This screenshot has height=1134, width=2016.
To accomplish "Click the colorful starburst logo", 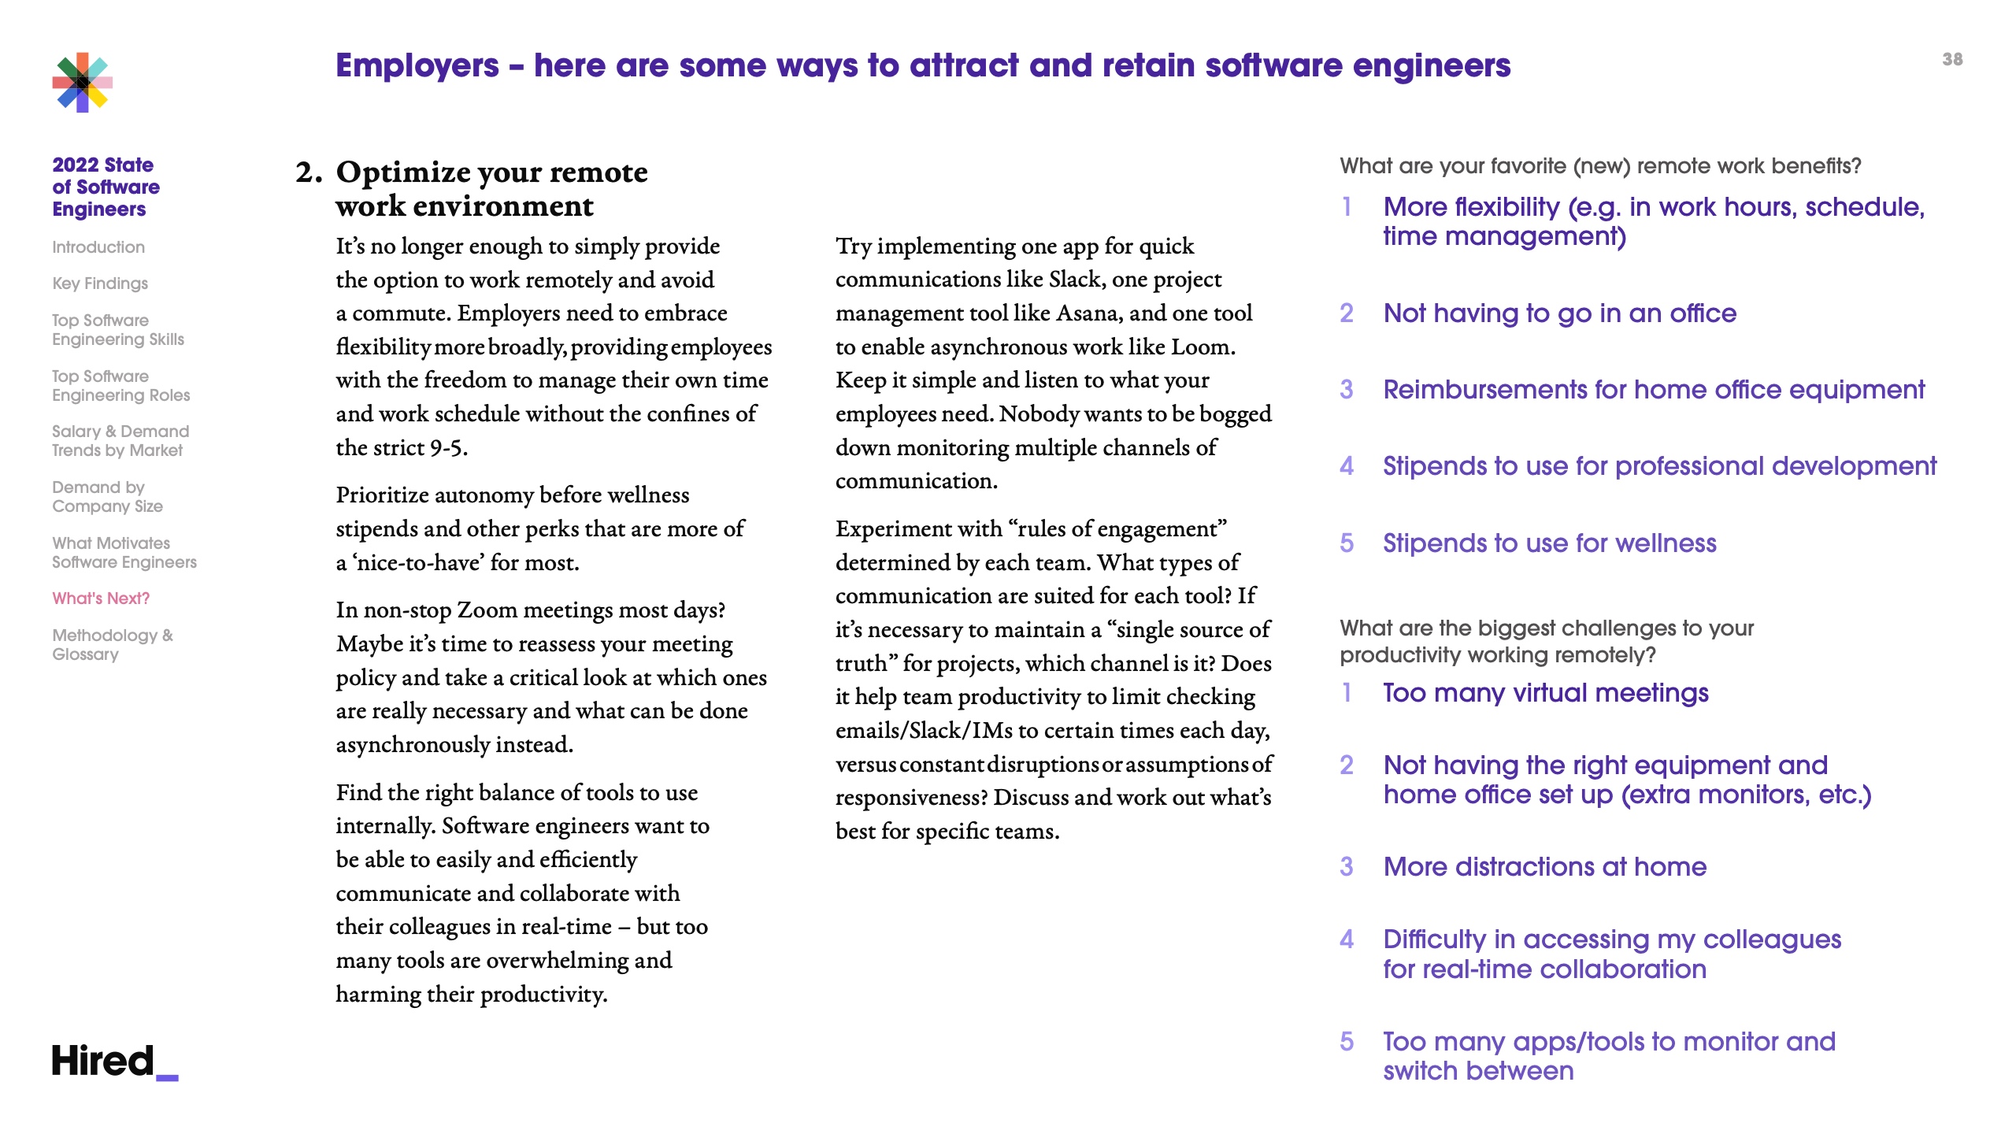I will [83, 83].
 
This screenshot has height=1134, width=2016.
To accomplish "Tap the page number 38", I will [1952, 60].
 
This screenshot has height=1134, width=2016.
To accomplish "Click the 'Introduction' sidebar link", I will [98, 247].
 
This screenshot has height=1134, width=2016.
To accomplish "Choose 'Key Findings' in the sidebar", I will [100, 283].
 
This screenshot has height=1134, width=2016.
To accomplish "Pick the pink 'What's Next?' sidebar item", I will [101, 598].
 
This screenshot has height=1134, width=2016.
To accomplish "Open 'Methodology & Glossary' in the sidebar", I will [112, 645].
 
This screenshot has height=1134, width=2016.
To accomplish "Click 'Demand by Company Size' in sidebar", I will [107, 497].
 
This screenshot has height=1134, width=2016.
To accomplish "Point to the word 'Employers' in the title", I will [417, 65].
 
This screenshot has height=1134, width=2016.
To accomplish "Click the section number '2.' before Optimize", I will [309, 172].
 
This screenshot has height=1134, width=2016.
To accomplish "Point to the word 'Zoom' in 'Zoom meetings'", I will [487, 610].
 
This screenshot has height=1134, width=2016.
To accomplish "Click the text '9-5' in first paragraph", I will [447, 448].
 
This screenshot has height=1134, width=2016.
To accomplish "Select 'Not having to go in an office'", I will [1559, 313].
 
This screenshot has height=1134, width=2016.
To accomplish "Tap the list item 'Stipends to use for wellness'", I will [1549, 543].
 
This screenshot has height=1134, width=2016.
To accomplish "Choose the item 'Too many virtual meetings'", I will [1545, 693].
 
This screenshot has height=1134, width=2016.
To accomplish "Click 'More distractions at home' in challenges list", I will [1544, 867].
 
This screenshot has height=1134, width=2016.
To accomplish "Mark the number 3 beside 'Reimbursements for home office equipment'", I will [1347, 390].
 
